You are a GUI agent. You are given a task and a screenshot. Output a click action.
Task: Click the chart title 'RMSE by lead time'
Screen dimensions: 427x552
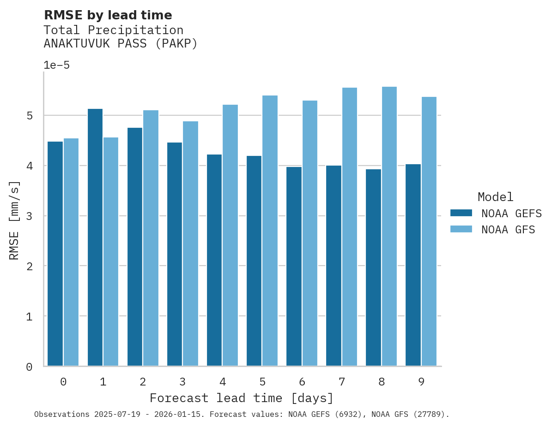108,15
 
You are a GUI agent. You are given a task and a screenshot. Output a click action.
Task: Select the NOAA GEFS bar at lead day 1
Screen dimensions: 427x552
95,237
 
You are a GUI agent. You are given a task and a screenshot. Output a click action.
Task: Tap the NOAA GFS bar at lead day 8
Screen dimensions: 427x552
389,226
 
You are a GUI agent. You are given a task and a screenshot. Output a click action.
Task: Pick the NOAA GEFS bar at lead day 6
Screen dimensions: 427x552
294,267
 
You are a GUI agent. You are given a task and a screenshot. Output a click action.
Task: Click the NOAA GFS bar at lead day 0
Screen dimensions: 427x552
71,252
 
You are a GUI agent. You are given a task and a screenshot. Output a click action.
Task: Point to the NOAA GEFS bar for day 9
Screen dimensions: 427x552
413,265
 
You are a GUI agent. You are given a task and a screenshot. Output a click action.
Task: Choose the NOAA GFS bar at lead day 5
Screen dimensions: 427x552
270,231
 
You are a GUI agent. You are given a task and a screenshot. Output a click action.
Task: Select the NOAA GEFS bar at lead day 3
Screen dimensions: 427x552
175,254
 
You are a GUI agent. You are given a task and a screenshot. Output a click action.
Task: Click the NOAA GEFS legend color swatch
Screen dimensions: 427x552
461,213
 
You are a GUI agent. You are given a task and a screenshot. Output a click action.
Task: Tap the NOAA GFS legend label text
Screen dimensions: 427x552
508,230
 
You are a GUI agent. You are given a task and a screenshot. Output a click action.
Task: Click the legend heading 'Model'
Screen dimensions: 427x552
495,197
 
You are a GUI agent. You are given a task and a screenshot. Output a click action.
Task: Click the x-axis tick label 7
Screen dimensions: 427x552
342,382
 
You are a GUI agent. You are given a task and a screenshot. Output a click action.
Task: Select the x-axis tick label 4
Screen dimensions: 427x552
223,382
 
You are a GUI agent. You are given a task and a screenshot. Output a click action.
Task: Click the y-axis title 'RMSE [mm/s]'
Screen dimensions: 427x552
14,220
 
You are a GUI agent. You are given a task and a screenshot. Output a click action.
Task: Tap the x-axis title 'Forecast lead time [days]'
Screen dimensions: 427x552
241,398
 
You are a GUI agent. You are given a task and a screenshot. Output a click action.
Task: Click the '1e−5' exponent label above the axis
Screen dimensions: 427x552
56,65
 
